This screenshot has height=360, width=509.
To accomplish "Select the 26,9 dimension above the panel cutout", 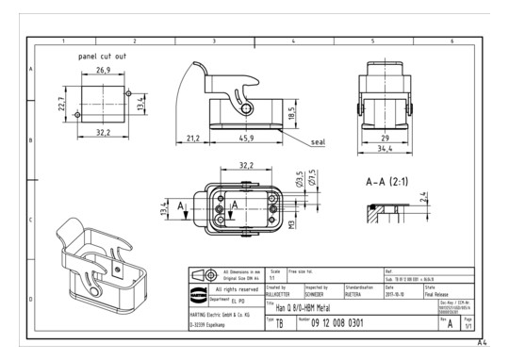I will pyautogui.click(x=103, y=70).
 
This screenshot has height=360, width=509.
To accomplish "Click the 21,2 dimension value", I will pyautogui.click(x=191, y=139).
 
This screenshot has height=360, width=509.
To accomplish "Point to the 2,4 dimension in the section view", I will pyautogui.click(x=424, y=198).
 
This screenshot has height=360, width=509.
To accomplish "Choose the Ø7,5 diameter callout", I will pyautogui.click(x=310, y=179).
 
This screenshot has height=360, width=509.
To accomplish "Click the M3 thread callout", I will pyautogui.click(x=293, y=225).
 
